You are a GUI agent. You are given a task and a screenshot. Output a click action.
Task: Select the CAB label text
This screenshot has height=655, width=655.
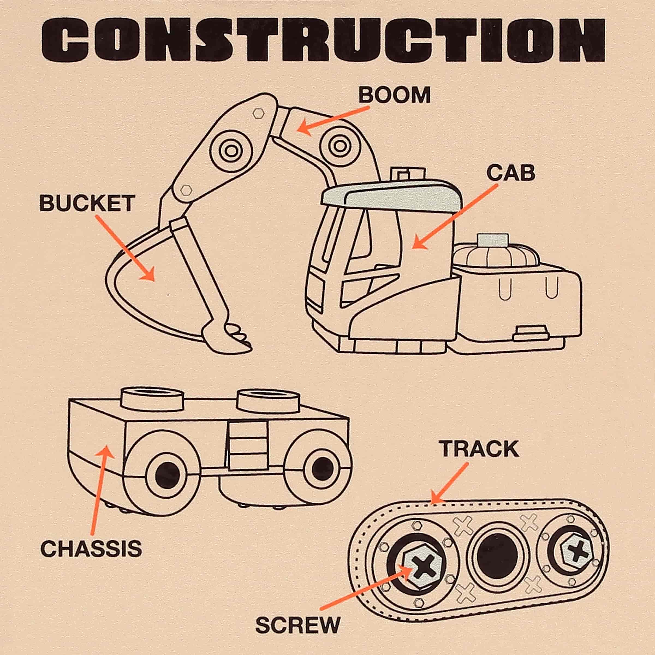pos(511,173)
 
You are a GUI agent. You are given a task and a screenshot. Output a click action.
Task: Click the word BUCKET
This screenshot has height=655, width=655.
pos(87,203)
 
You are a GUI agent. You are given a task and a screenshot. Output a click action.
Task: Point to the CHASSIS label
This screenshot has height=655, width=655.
pos(91,549)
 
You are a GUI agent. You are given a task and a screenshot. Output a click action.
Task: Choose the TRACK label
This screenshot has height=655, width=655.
pos(480,449)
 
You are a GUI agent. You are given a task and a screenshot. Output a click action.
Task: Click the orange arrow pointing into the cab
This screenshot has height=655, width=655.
pos(454,217)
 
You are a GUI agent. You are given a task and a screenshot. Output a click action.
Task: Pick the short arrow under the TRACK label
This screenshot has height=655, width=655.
pos(449,483)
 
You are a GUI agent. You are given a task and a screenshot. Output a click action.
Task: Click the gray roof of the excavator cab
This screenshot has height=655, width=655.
pos(393,196)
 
